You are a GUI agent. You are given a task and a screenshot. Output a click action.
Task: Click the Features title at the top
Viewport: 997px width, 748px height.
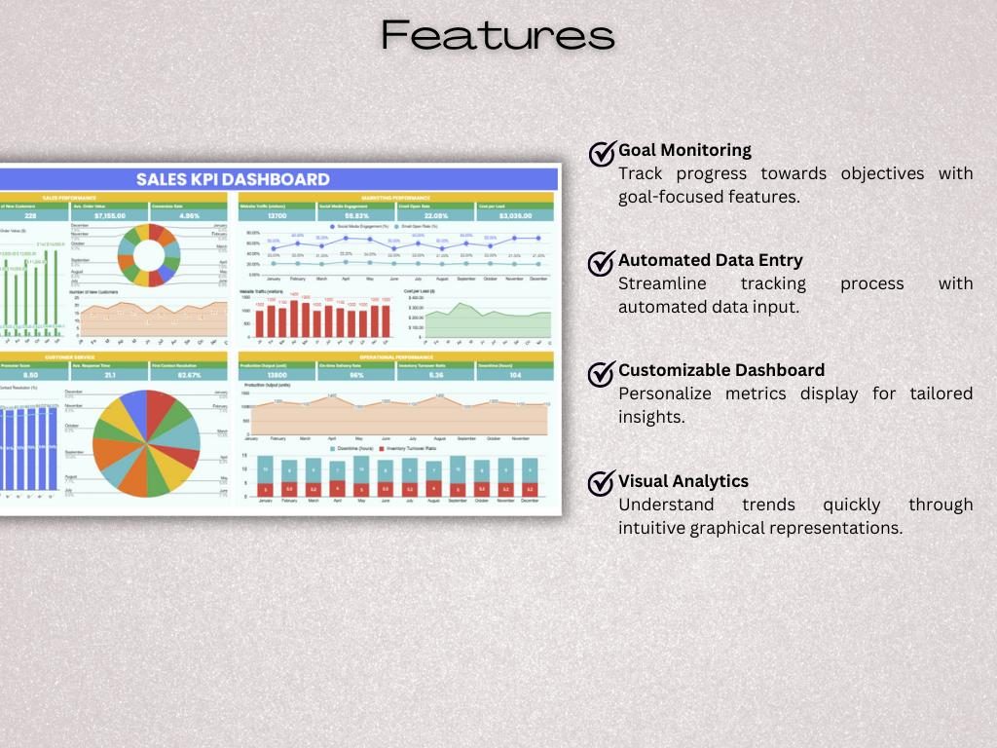click(498, 35)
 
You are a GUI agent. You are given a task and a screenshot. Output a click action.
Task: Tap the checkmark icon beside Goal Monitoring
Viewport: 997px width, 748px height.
click(603, 153)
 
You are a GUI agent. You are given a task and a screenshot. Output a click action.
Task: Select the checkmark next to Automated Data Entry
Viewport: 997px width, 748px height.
click(603, 263)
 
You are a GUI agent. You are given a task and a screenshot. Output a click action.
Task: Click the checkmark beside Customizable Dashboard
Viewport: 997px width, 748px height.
click(603, 372)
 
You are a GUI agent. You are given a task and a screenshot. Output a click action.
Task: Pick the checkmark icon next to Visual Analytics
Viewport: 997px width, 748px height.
click(603, 483)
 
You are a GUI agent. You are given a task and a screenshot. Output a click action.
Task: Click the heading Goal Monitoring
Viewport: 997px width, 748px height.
click(684, 150)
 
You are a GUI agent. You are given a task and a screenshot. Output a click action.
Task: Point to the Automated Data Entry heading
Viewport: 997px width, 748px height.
click(710, 260)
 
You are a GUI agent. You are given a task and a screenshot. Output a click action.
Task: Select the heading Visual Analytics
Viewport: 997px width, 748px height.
click(683, 481)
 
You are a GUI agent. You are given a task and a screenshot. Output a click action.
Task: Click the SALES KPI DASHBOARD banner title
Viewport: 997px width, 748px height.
click(233, 179)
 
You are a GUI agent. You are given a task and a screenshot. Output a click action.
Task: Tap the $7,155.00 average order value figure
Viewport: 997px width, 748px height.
click(110, 216)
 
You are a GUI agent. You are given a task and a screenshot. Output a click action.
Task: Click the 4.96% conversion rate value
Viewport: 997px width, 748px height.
click(189, 216)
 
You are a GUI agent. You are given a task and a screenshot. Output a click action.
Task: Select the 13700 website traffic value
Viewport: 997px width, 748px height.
click(277, 216)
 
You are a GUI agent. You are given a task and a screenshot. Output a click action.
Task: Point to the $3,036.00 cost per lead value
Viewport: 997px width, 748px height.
click(514, 216)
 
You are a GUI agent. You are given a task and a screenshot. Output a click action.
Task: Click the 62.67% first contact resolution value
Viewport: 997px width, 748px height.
click(189, 375)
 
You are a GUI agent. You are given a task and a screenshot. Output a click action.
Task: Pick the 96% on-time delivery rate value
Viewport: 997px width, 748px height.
click(356, 375)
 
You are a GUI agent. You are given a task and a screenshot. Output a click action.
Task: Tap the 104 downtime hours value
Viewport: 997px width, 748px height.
click(514, 375)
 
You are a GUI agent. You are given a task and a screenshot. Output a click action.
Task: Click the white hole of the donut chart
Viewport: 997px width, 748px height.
click(149, 255)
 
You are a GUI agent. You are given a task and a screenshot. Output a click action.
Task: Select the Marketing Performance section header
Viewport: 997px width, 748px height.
click(395, 197)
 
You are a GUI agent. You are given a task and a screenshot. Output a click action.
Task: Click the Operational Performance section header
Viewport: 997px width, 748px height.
click(395, 356)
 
